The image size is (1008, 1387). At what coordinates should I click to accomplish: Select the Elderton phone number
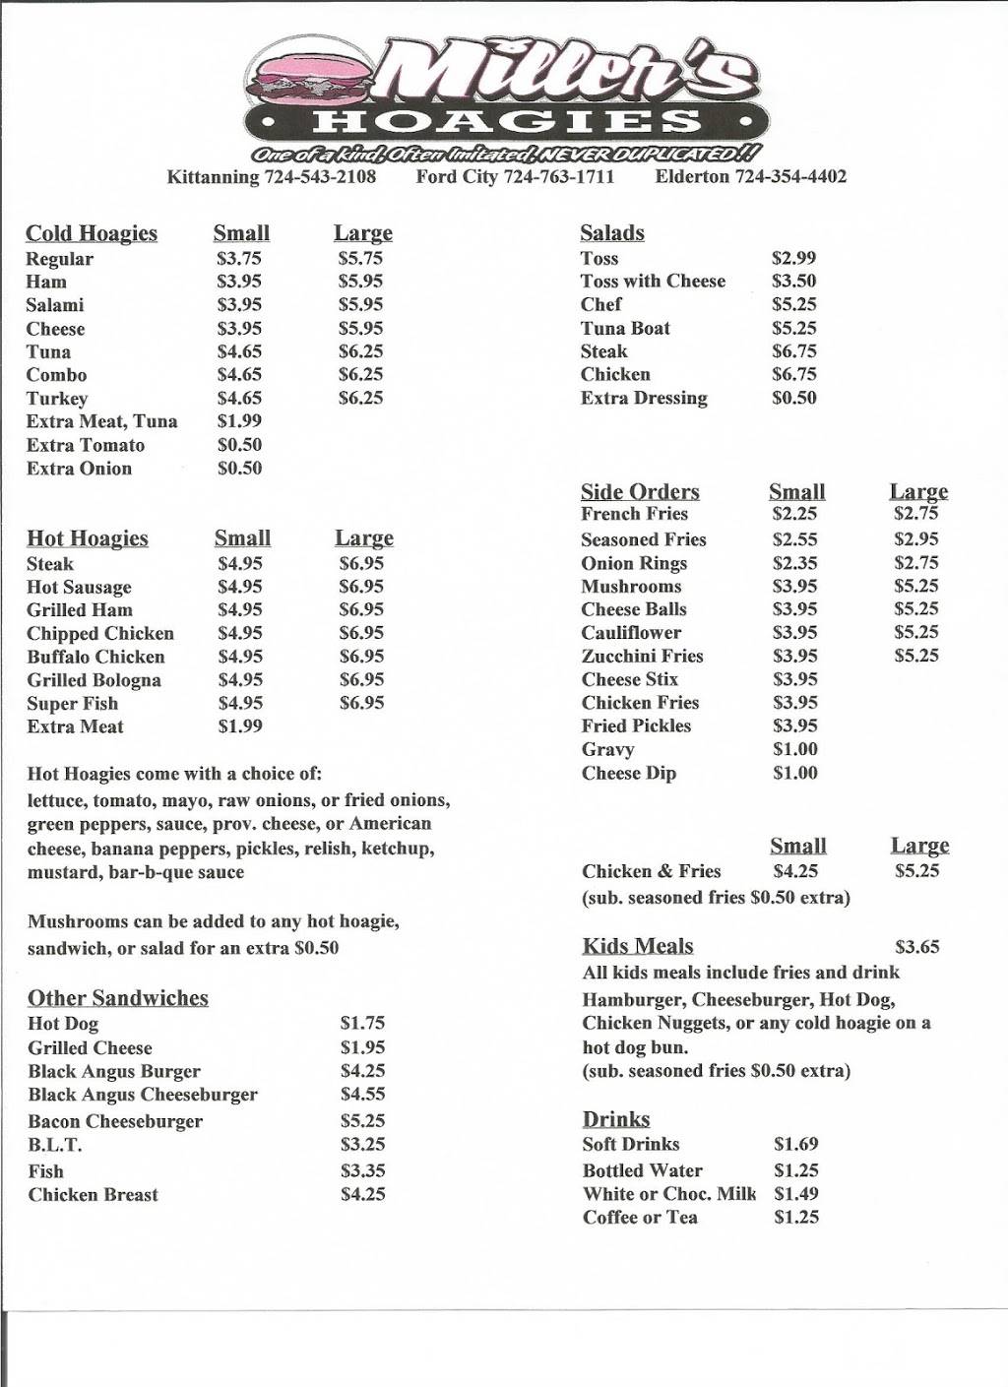click(x=790, y=177)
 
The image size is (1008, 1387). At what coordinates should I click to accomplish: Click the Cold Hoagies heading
click(x=92, y=233)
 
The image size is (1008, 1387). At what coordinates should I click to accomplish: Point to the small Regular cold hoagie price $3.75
click(x=239, y=259)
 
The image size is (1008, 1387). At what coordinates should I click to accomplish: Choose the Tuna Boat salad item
click(x=625, y=329)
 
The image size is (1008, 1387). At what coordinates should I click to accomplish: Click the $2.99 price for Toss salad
click(x=793, y=258)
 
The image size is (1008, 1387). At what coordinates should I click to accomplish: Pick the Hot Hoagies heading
click(x=88, y=538)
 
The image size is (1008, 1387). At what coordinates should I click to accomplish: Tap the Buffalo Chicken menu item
click(x=95, y=657)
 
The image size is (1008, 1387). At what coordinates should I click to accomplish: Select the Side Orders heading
click(x=640, y=492)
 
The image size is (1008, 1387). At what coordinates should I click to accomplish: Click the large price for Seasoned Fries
click(x=915, y=539)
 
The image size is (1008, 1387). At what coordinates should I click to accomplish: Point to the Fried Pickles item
click(x=636, y=726)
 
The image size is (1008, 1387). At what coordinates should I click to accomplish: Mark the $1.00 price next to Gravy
click(x=794, y=750)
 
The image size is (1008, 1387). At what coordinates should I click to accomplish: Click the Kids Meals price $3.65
click(x=916, y=947)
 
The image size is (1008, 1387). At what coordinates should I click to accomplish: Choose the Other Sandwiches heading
click(x=118, y=998)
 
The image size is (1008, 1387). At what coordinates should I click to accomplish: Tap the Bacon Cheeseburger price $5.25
click(x=362, y=1121)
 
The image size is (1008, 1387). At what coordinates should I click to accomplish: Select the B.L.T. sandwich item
click(x=55, y=1145)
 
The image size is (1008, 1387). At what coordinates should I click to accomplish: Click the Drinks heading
click(x=616, y=1119)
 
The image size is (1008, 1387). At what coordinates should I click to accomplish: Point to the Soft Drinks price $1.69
click(x=795, y=1145)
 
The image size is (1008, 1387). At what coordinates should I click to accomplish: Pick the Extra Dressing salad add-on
click(x=644, y=399)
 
